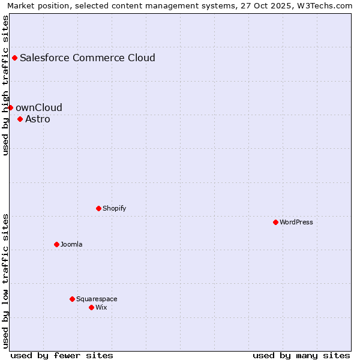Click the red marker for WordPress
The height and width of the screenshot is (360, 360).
(x=275, y=222)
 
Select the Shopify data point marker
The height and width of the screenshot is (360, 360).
(x=98, y=208)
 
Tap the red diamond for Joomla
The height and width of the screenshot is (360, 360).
(x=56, y=244)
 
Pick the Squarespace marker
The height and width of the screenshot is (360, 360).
(x=72, y=299)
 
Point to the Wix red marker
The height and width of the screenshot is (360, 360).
(x=91, y=307)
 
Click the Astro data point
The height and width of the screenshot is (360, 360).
(x=20, y=119)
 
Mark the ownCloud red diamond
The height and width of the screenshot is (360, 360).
(x=10, y=107)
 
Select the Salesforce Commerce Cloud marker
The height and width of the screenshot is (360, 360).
(x=14, y=58)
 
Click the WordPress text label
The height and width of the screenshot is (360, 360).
(x=296, y=222)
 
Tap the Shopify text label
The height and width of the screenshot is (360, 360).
(x=114, y=208)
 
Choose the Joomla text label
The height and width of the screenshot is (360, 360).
(x=71, y=244)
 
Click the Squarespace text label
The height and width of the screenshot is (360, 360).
(x=97, y=299)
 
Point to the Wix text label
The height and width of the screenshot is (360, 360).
(x=101, y=307)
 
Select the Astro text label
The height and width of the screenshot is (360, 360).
(x=38, y=119)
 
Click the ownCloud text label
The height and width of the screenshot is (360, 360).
(x=39, y=107)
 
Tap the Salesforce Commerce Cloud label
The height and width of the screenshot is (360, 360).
(x=88, y=58)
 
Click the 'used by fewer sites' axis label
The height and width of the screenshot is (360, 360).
(x=62, y=355)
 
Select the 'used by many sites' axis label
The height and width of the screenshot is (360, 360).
(x=301, y=355)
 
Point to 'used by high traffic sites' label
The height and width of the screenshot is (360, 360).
(x=5, y=85)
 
